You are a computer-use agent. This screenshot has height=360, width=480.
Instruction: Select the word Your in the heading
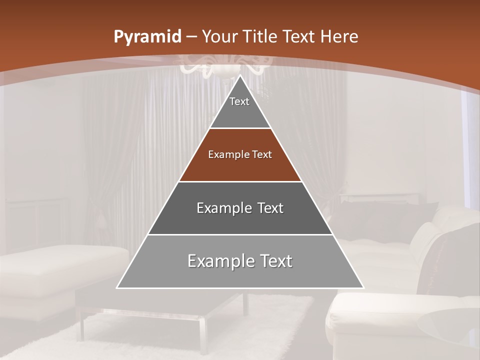click(220, 36)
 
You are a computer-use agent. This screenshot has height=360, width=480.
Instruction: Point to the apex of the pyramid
click(240, 76)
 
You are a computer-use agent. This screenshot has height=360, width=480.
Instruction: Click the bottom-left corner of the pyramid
click(118, 287)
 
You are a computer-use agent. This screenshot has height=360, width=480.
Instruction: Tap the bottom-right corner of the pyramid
click(362, 287)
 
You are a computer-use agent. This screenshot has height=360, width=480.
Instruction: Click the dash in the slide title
click(191, 37)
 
